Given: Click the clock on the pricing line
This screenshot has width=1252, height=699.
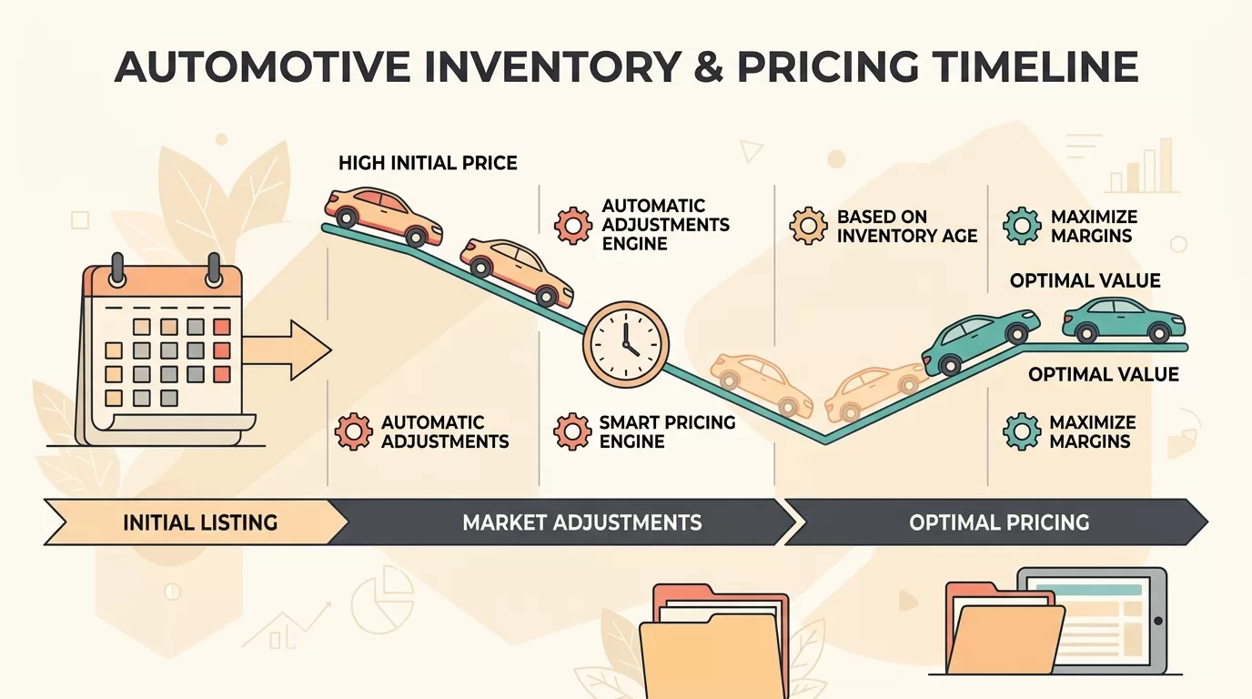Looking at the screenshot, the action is click(x=625, y=344).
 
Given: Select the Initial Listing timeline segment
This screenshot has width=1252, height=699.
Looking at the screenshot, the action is click(x=196, y=522).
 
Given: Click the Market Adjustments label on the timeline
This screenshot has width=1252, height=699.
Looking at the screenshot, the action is click(x=581, y=522).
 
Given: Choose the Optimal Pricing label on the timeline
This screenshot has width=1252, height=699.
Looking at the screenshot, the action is click(x=999, y=522).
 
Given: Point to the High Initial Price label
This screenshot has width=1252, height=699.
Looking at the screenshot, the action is click(x=428, y=163).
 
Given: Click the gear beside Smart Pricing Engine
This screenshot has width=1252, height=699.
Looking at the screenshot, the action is click(x=572, y=431).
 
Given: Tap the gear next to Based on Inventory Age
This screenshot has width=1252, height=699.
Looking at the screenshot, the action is click(x=808, y=226).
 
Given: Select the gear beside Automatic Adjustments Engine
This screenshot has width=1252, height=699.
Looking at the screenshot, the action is click(x=573, y=226).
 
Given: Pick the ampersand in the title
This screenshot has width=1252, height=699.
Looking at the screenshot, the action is click(x=709, y=67).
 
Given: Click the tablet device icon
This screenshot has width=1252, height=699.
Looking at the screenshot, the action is click(x=1092, y=621).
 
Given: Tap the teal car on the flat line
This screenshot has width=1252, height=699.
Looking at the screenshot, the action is click(x=1124, y=319).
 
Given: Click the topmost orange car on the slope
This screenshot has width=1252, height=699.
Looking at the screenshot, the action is click(x=383, y=217).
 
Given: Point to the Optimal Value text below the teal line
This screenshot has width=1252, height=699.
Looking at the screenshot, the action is click(x=1104, y=374).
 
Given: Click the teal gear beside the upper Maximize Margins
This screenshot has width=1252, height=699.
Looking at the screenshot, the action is click(x=1023, y=226).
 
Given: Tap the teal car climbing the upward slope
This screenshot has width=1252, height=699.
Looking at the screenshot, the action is click(x=981, y=341).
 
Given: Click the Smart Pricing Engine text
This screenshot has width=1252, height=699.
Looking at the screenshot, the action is click(x=667, y=431).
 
